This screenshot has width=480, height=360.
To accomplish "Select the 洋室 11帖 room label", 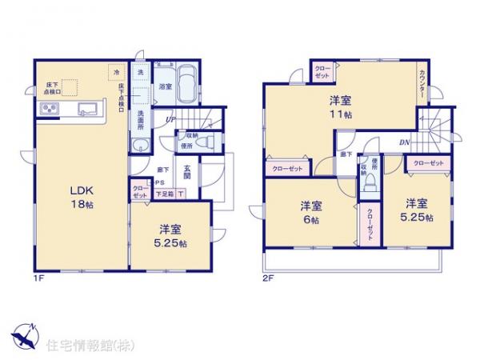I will pyautogui.click(x=339, y=108).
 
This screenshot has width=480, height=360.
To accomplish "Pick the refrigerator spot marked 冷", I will pyautogui.click(x=117, y=74).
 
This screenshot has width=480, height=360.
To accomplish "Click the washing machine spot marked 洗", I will pyautogui.click(x=139, y=73).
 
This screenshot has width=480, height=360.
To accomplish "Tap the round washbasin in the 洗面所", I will pyautogui.click(x=141, y=146).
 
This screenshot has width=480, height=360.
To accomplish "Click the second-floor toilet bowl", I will pyautogui.click(x=370, y=183).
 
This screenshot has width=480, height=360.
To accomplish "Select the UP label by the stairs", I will pyautogui.click(x=170, y=122).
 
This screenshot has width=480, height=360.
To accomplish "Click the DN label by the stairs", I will pyautogui.click(x=404, y=142).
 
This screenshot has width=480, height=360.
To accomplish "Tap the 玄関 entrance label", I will pyautogui.click(x=186, y=174).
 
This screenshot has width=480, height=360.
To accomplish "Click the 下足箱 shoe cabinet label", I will pyautogui.click(x=164, y=193).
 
